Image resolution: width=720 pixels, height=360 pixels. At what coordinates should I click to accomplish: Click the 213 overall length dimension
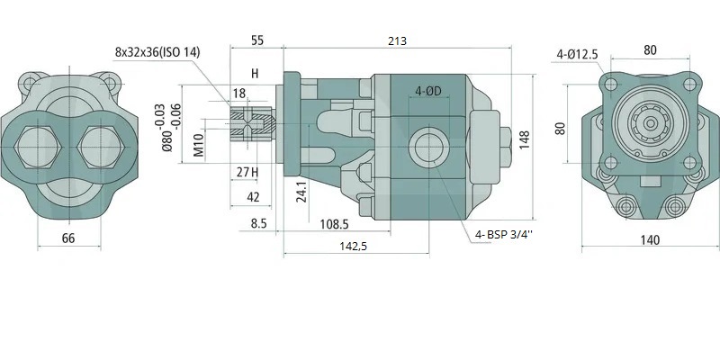coord(397,40)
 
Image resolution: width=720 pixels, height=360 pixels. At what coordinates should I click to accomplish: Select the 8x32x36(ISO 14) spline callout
coord(157,52)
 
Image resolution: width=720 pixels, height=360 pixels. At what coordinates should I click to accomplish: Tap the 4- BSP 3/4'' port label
coord(505,235)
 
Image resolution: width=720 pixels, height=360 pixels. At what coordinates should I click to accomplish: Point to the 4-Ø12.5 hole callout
coord(577,54)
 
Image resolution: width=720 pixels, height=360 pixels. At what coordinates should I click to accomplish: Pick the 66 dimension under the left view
coord(68,238)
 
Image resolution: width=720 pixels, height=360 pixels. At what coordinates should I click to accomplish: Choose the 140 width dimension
coord(650,239)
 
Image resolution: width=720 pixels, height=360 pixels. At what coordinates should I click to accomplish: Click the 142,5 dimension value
coord(353,246)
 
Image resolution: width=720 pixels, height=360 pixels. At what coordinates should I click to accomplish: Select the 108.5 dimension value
coord(334,224)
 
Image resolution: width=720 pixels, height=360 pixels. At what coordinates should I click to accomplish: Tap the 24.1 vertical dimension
coord(301,191)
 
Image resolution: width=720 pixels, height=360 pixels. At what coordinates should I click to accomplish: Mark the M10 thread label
coord(198,146)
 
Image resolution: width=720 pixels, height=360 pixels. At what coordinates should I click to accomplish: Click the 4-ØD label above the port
coord(428,91)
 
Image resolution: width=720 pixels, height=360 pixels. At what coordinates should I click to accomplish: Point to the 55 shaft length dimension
coord(257,40)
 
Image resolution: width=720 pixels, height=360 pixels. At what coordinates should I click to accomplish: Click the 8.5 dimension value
coord(258,223)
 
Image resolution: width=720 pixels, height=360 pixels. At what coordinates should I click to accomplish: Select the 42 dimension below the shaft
coord(254,197)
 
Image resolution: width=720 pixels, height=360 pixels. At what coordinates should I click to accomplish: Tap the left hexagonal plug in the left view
coord(39,147)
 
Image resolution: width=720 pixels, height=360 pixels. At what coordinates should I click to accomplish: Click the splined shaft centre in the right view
coord(650,123)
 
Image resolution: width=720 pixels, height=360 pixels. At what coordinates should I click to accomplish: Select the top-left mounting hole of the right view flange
coord(611,85)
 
